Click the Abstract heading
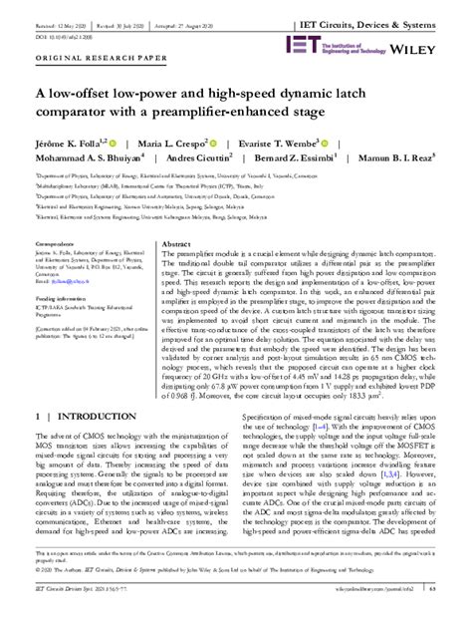(x=175, y=243)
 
